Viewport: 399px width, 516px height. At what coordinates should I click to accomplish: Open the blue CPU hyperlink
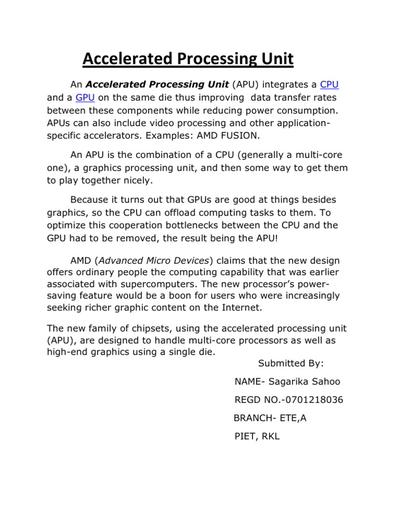click(x=330, y=84)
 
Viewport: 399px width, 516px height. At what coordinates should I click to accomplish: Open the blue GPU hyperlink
click(x=85, y=97)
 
